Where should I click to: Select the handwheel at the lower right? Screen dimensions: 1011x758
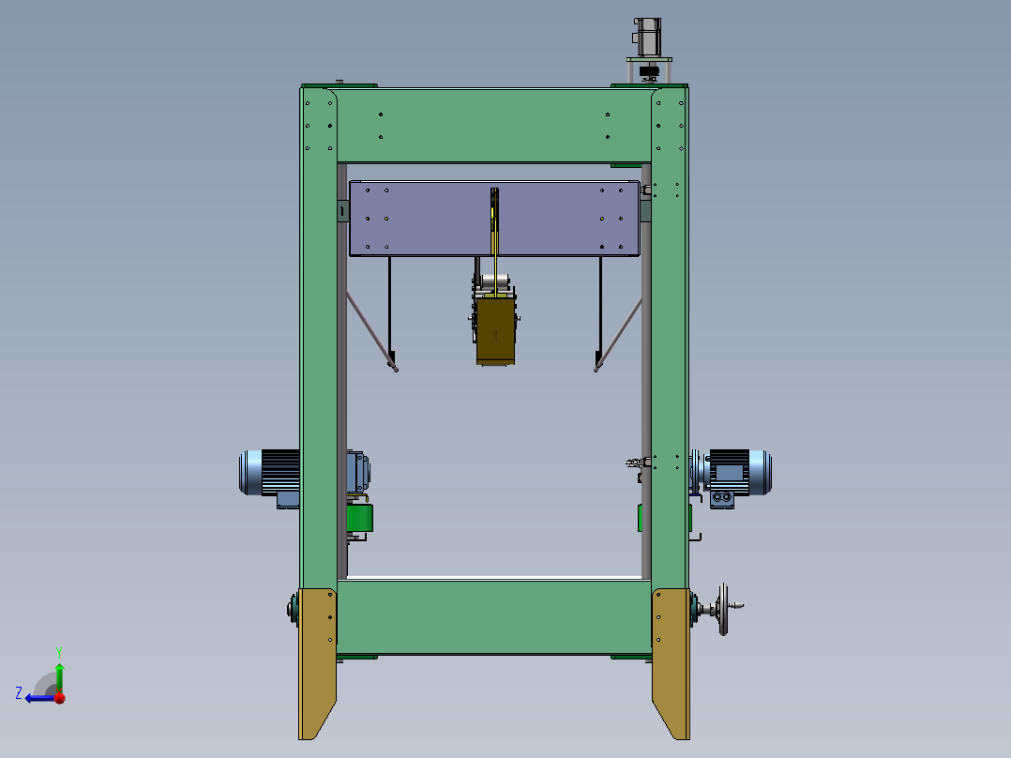click(724, 609)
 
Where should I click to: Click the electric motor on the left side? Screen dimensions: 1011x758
click(269, 473)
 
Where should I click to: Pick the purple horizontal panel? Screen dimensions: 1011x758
click(494, 218)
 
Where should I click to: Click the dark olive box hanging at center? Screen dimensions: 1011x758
click(495, 331)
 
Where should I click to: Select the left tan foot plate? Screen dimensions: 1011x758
click(317, 663)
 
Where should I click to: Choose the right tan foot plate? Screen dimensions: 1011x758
click(671, 663)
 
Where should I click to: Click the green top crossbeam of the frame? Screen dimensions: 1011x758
click(494, 125)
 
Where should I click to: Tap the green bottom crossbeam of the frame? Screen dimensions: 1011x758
click(494, 617)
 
